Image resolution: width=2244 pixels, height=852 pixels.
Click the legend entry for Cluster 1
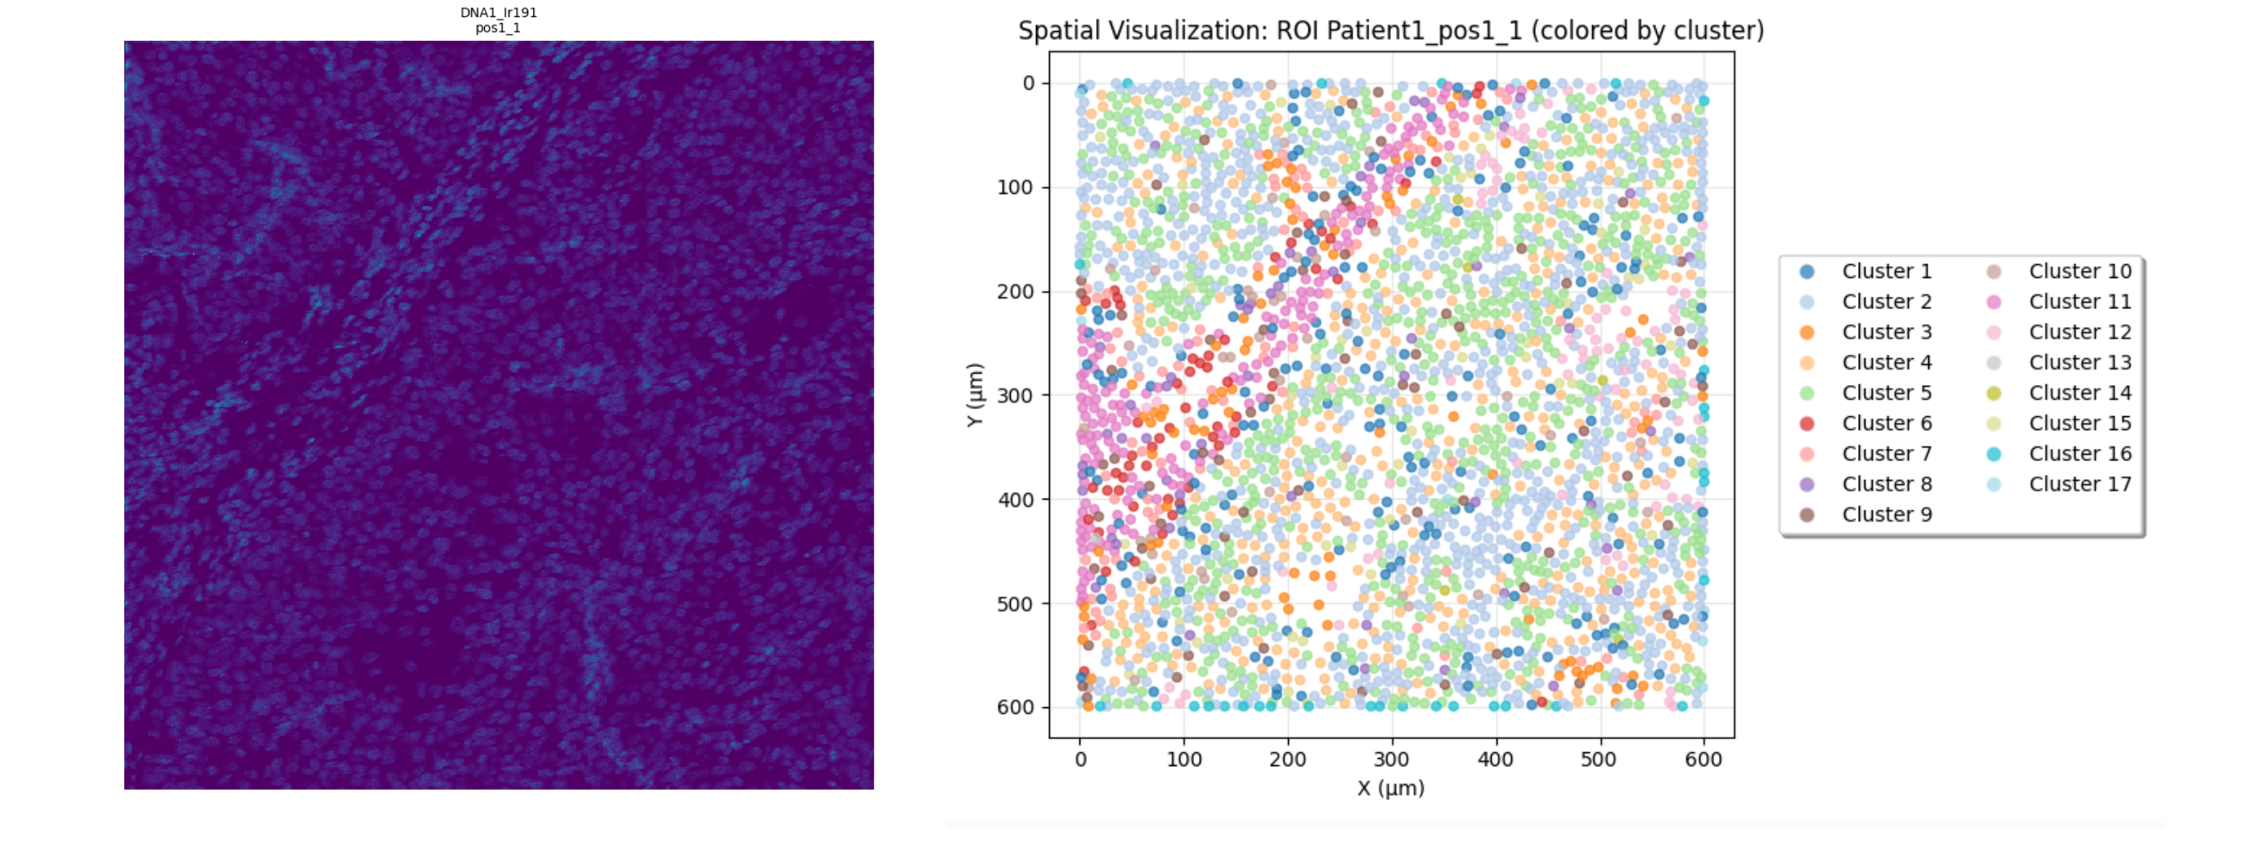coord(1886,271)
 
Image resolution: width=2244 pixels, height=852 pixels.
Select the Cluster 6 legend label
coord(1886,424)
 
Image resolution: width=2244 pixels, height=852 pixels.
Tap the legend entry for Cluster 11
coord(2080,303)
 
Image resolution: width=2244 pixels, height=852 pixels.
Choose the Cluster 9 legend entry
coord(1886,515)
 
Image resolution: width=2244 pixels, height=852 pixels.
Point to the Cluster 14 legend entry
coord(2080,393)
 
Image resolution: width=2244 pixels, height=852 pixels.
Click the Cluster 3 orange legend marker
coord(1806,333)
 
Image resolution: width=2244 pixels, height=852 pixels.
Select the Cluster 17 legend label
coord(2080,484)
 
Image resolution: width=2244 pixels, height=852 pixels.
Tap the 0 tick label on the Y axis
coord(1029,83)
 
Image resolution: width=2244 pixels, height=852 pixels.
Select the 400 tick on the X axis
coord(1496,759)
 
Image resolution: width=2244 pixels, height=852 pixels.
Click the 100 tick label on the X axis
coord(1184,759)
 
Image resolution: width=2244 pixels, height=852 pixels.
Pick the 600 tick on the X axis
coord(1703,759)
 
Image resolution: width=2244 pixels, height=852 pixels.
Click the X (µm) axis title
coord(1391,788)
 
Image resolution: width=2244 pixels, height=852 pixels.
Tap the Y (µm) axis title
coord(975,395)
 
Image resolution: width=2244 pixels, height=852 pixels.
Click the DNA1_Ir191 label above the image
coord(498,13)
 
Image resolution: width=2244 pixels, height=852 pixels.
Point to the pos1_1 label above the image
coord(498,28)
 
